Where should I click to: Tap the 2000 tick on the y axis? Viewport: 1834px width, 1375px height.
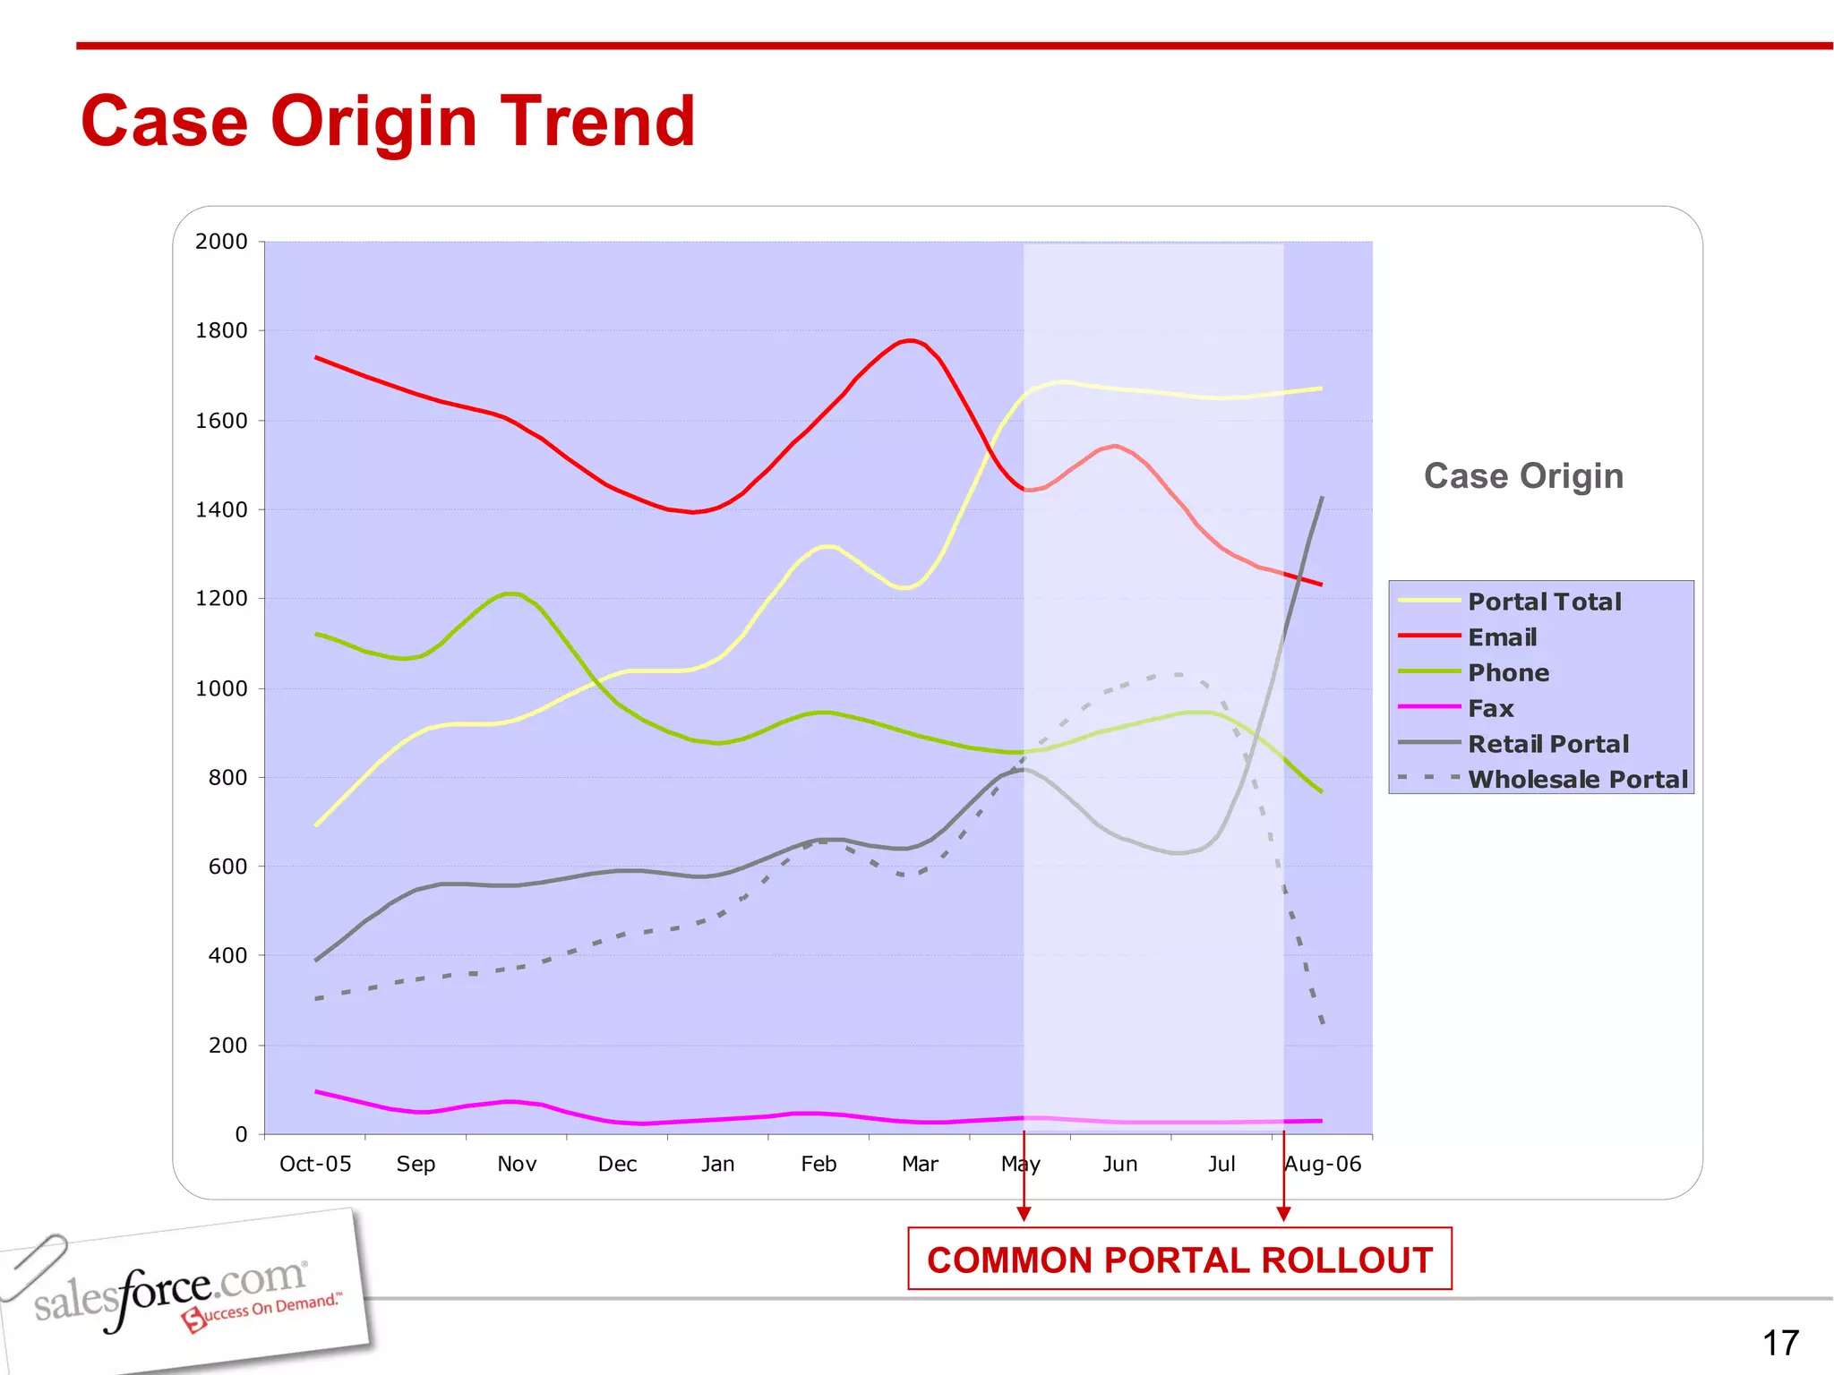click(x=221, y=242)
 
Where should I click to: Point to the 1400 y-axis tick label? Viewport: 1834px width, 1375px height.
click(x=221, y=510)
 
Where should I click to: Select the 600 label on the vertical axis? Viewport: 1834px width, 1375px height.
click(x=227, y=867)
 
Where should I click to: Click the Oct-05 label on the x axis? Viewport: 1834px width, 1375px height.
click(x=315, y=1164)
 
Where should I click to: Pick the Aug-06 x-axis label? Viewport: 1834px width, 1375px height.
click(x=1323, y=1164)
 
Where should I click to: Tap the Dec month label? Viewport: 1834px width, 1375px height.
click(x=617, y=1164)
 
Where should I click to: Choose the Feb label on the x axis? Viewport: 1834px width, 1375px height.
click(x=818, y=1164)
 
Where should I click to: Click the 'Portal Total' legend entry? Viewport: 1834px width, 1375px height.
click(x=1544, y=602)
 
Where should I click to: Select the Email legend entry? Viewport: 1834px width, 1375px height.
click(x=1502, y=637)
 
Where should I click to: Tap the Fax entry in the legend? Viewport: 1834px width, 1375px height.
click(x=1490, y=708)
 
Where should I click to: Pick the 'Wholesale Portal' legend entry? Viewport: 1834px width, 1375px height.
click(x=1577, y=780)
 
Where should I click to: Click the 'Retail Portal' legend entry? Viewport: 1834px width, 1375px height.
click(x=1547, y=744)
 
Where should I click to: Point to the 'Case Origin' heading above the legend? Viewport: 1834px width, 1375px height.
click(x=1523, y=476)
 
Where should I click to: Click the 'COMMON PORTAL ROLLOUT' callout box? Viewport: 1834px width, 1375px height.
click(x=1179, y=1260)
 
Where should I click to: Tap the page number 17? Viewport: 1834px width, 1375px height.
click(x=1780, y=1343)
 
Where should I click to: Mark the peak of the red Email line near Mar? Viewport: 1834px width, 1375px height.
click(x=910, y=340)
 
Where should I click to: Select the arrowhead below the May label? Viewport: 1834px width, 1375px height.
click(x=1024, y=1214)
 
